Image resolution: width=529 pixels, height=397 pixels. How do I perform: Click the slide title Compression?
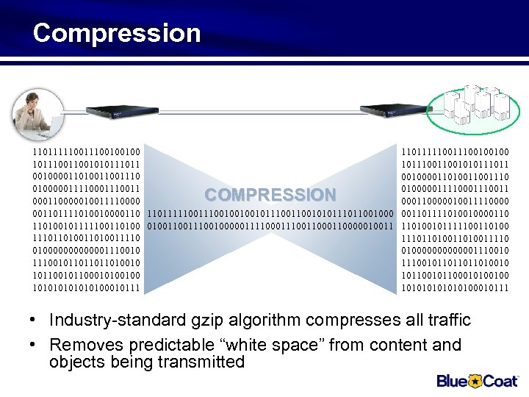point(116,33)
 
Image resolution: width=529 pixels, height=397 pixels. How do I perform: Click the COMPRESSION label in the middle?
point(270,195)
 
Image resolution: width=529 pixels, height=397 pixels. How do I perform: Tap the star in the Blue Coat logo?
point(475,380)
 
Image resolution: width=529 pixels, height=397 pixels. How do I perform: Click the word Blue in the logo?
point(453,380)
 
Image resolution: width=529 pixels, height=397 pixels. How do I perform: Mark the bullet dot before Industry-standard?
point(35,321)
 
